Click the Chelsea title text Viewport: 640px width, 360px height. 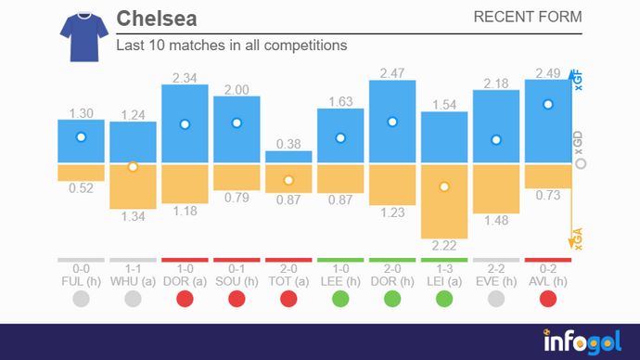tap(157, 19)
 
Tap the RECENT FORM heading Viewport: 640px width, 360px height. tap(528, 17)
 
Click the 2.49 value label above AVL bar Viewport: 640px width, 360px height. tap(548, 71)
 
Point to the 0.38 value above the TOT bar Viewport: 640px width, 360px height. tap(288, 143)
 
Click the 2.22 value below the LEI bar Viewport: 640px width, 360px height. tap(444, 246)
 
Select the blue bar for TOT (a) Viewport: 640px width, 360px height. tap(288, 158)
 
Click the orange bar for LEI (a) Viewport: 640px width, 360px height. tap(444, 200)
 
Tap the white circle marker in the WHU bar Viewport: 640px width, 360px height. tap(133, 167)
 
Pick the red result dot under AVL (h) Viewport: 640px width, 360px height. tap(548, 299)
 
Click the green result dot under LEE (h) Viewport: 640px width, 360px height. tap(340, 299)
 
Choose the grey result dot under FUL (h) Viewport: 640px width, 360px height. tap(81, 299)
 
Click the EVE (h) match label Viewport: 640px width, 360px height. tap(496, 279)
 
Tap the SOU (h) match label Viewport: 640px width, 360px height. tap(237, 279)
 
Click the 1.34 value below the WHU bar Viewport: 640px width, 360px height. tap(133, 216)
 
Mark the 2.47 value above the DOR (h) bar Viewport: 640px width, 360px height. tap(392, 71)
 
